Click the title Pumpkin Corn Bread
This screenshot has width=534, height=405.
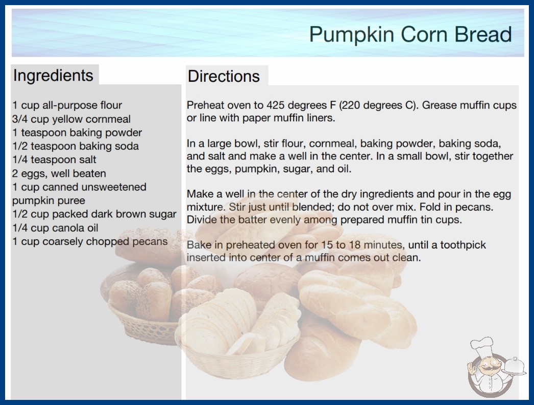[x=410, y=35]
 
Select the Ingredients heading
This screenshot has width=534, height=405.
[x=53, y=76]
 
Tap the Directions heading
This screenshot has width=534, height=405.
[x=224, y=76]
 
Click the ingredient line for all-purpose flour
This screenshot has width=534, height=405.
[x=67, y=105]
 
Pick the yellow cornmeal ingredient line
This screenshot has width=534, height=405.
[x=71, y=119]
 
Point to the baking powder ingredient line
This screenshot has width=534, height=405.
[x=77, y=132]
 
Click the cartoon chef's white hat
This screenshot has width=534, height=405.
[x=481, y=346]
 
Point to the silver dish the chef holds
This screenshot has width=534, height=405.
[x=515, y=367]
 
